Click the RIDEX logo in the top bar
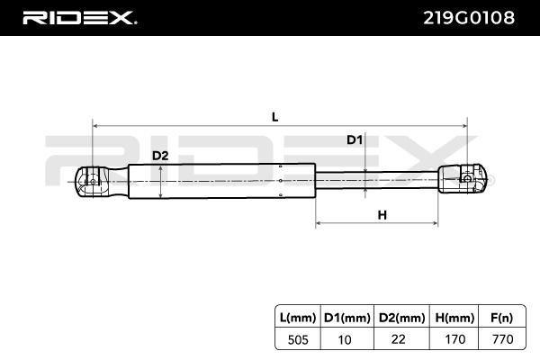click(79, 17)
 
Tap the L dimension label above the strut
click(274, 116)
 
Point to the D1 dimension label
click(355, 139)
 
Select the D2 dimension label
click(159, 156)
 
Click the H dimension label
click(382, 214)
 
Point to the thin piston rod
click(378, 178)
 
